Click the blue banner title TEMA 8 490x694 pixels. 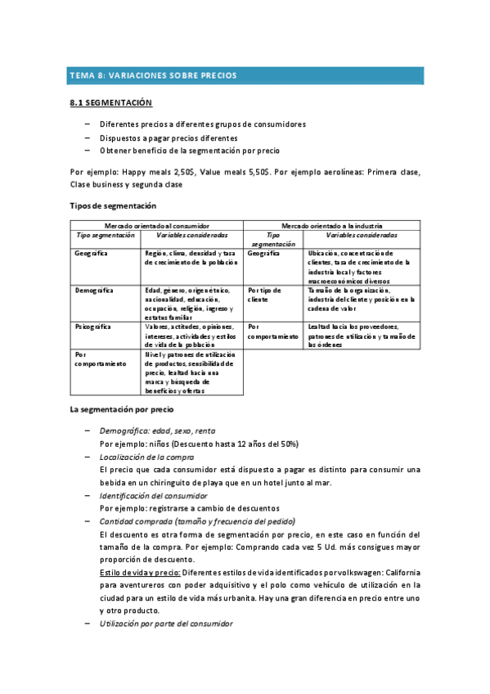[153, 75]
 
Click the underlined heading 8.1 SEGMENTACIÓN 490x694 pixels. [111, 104]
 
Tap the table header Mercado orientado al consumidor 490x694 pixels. [156, 225]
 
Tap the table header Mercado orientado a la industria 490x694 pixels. [332, 225]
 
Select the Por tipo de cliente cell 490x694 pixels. [264, 295]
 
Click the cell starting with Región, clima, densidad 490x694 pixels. [191, 258]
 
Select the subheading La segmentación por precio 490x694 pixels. [121, 409]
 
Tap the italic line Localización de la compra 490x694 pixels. [146, 457]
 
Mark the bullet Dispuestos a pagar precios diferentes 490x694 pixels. [169, 137]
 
